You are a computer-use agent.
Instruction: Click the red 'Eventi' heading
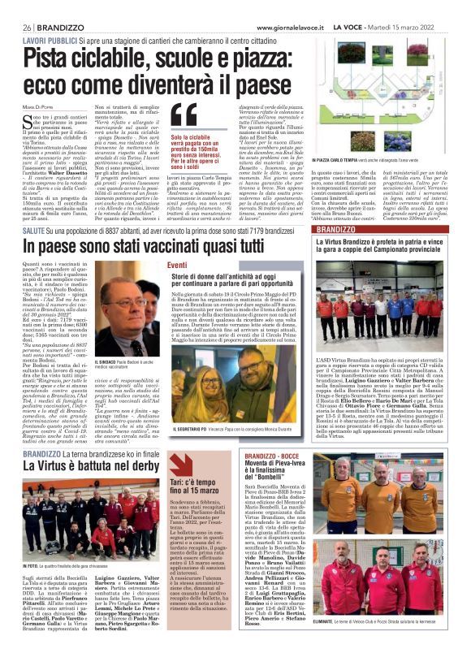pyautogui.click(x=177, y=265)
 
